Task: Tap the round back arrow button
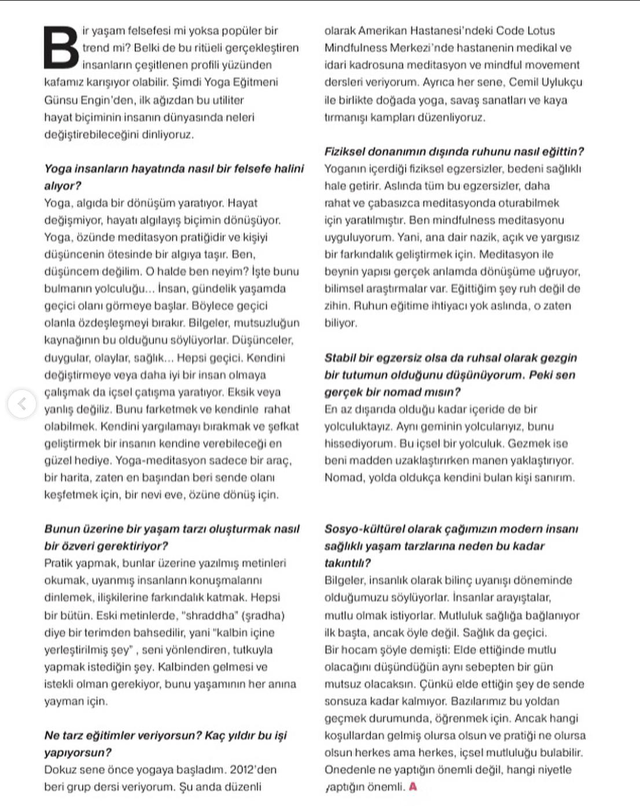(22, 404)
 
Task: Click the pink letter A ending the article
(413, 787)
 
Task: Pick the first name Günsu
(61, 100)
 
